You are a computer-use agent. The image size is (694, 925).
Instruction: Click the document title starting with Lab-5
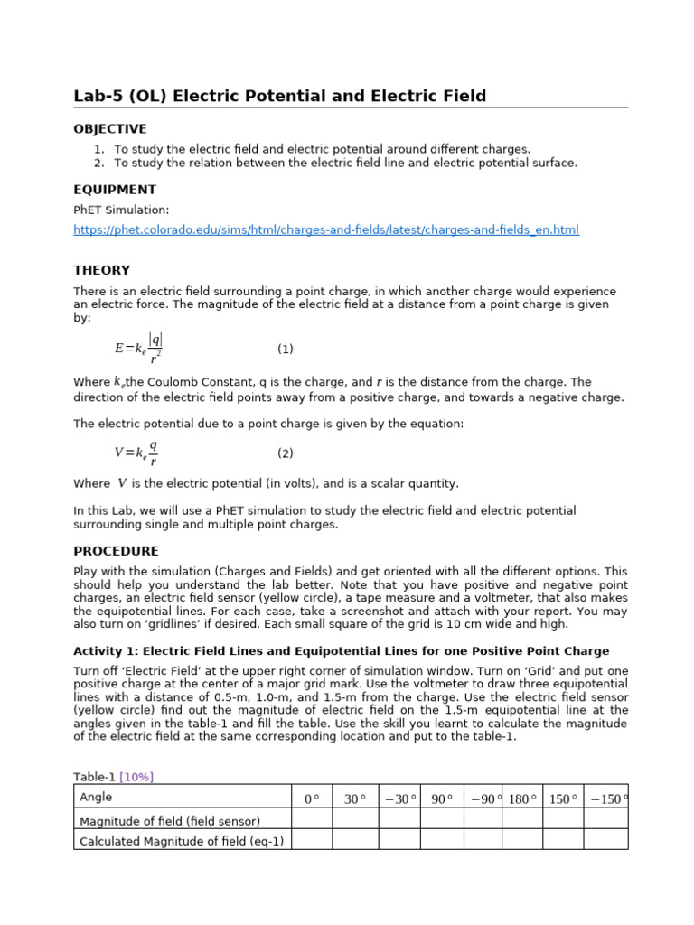point(279,96)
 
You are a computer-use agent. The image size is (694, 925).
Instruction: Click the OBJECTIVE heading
point(109,129)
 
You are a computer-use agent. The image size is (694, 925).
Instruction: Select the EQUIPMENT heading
point(114,190)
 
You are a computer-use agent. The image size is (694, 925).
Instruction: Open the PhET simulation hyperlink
point(325,230)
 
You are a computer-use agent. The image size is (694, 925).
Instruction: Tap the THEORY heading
point(101,270)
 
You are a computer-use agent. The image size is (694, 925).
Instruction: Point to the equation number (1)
point(285,349)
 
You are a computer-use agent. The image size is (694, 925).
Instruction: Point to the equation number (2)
point(285,453)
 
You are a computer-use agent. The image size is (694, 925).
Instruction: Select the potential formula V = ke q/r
point(136,453)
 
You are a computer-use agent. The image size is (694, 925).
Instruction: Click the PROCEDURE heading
point(116,551)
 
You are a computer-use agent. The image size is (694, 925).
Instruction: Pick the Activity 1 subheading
point(341,651)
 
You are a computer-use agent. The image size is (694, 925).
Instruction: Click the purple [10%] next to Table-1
point(139,777)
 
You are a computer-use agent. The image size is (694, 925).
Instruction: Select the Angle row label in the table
point(96,797)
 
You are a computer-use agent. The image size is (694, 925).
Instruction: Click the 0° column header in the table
point(312,799)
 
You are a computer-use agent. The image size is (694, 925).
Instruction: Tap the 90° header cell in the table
point(442,799)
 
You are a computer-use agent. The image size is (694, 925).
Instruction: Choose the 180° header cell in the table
point(522,799)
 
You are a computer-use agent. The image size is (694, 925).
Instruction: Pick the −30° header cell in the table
point(399,799)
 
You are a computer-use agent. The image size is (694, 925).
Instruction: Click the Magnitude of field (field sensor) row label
point(170,821)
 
